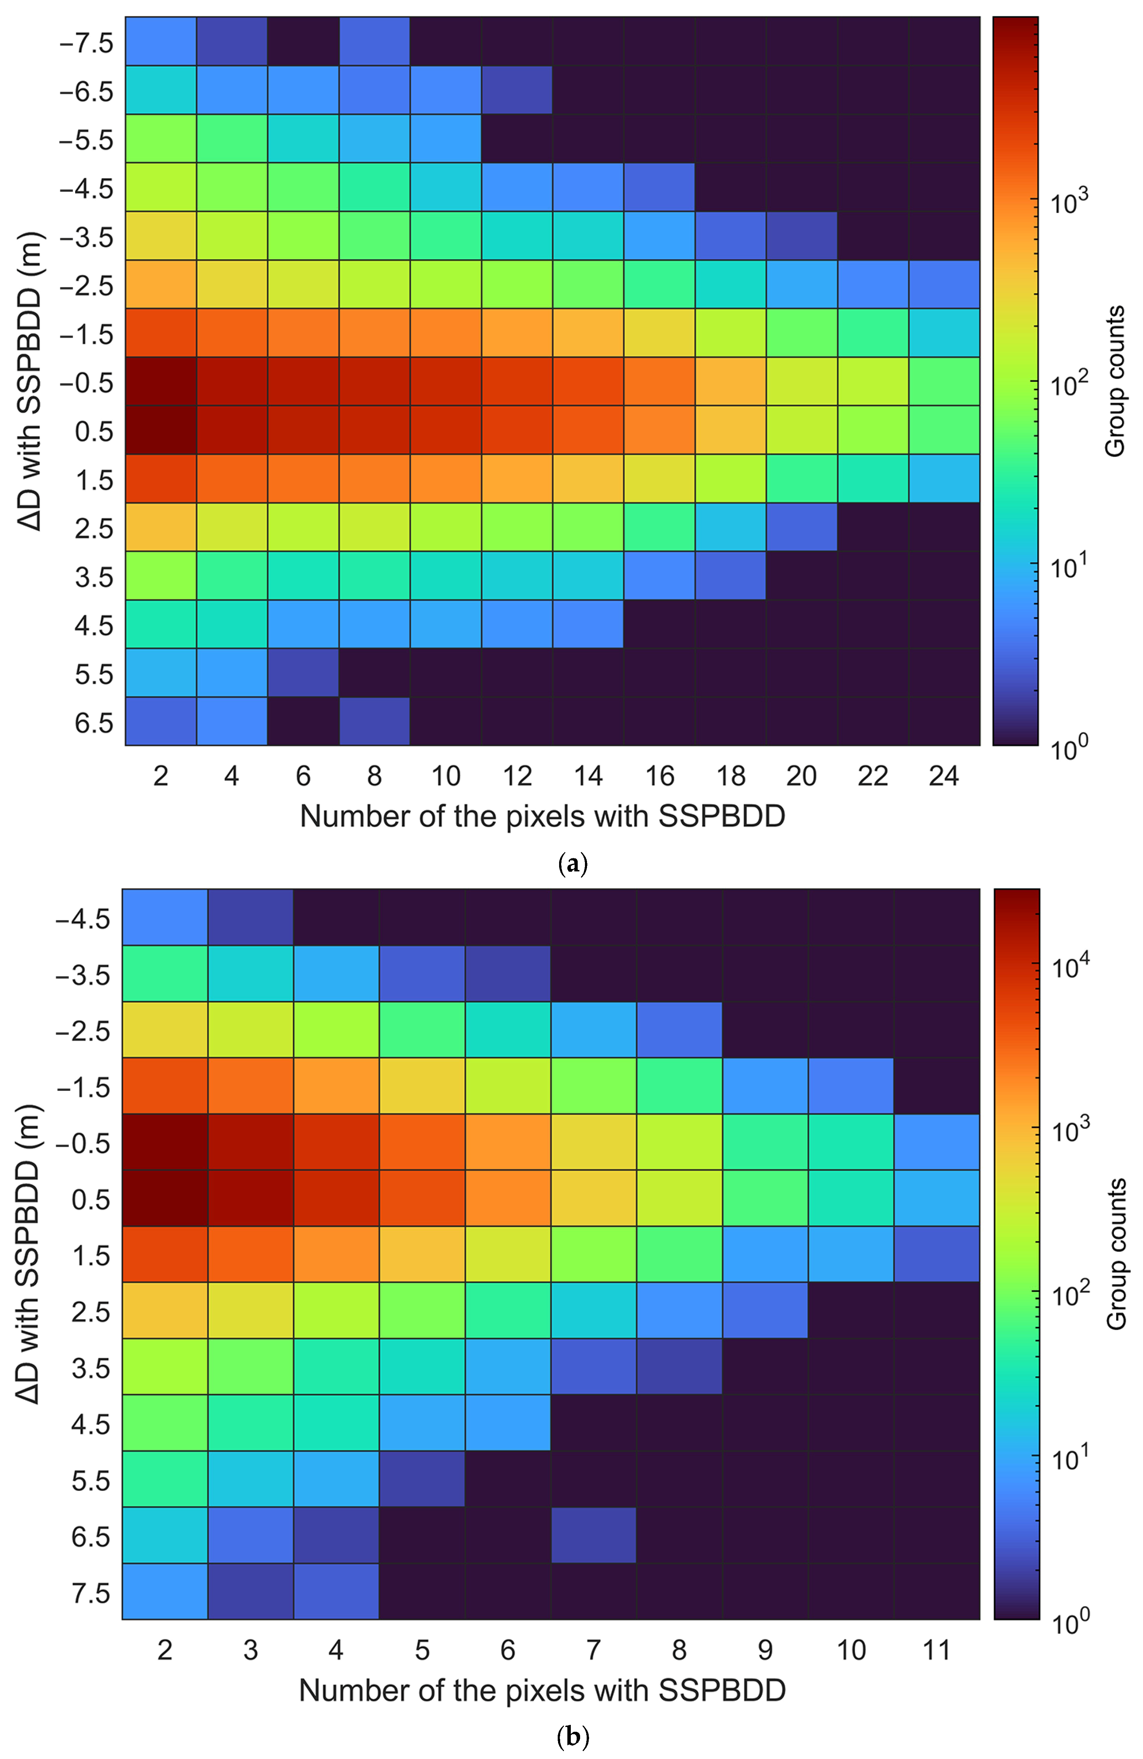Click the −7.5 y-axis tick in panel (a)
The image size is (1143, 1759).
pyautogui.click(x=86, y=43)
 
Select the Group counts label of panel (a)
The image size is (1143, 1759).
pyautogui.click(x=1114, y=381)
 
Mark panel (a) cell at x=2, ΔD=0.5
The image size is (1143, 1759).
pyautogui.click(x=160, y=429)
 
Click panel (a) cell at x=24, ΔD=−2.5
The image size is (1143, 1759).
pyautogui.click(x=944, y=284)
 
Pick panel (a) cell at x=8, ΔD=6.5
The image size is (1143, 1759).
pyautogui.click(x=374, y=720)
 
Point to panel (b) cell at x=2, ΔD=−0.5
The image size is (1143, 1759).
pyautogui.click(x=165, y=1142)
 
